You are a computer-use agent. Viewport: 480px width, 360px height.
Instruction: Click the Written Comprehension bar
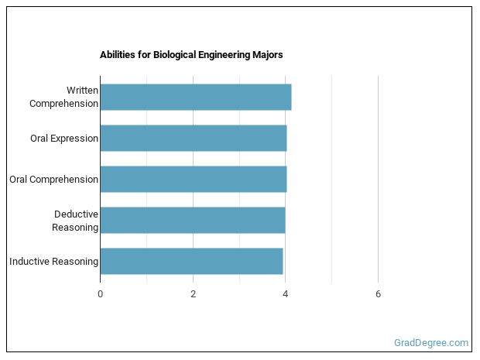pyautogui.click(x=195, y=97)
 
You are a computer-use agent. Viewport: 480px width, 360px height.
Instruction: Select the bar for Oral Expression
pyautogui.click(x=193, y=138)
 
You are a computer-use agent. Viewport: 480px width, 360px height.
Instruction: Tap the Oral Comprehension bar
pyautogui.click(x=193, y=179)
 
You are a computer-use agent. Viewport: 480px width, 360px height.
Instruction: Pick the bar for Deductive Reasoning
pyautogui.click(x=192, y=220)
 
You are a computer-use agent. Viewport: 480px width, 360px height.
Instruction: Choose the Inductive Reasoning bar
pyautogui.click(x=191, y=261)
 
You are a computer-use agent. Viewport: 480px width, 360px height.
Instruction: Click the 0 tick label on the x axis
pyautogui.click(x=100, y=294)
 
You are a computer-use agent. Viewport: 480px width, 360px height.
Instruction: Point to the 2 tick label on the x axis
pyautogui.click(x=193, y=294)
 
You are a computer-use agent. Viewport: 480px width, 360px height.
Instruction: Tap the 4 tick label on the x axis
pyautogui.click(x=286, y=294)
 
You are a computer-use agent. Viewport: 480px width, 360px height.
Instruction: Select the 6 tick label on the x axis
pyautogui.click(x=378, y=294)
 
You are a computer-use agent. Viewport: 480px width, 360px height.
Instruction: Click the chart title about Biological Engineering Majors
pyautogui.click(x=191, y=55)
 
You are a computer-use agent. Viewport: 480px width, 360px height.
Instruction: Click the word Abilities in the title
pyautogui.click(x=116, y=55)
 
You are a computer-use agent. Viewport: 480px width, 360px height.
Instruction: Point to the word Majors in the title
pyautogui.click(x=267, y=55)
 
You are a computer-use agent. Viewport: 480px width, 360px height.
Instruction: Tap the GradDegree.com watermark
pyautogui.click(x=430, y=342)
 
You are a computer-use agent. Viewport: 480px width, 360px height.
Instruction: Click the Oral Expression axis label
pyautogui.click(x=64, y=139)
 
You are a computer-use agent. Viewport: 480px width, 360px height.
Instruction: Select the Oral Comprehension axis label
pyautogui.click(x=53, y=180)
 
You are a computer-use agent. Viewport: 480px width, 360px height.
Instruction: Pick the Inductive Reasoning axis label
pyautogui.click(x=53, y=262)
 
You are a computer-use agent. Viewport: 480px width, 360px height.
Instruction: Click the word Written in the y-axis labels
pyautogui.click(x=82, y=91)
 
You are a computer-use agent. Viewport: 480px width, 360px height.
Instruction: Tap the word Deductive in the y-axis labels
pyautogui.click(x=76, y=214)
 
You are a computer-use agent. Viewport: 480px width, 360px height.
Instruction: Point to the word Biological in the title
pyautogui.click(x=170, y=55)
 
